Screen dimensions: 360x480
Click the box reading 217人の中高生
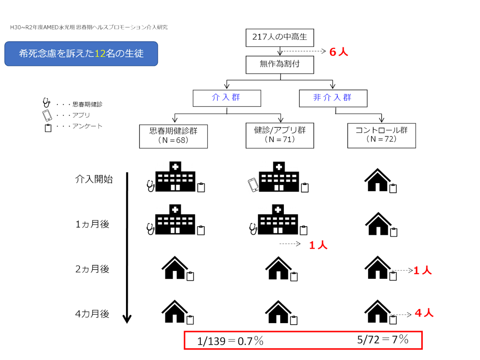pos(280,37)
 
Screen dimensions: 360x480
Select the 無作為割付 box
pos(280,65)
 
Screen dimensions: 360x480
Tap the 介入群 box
pos(227,98)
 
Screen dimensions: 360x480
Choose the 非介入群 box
pos(333,98)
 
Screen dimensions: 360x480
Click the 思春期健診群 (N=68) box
pos(173,136)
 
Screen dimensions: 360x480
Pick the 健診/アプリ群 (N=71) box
pos(280,135)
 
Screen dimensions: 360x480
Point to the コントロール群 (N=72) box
pos(381,135)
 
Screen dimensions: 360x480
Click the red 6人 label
pos(338,52)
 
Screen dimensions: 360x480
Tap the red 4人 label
pos(424,313)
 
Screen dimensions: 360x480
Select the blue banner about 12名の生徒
pos(81,54)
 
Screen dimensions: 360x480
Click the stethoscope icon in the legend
pos(46,103)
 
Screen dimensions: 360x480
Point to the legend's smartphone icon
pos(47,115)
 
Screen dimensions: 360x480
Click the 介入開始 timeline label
pos(94,179)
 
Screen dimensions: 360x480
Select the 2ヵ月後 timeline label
pos(92,269)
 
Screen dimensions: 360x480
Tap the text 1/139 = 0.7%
pos(230,341)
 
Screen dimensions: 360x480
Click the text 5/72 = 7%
pos(382,339)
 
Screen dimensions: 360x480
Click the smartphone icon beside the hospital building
pos(253,185)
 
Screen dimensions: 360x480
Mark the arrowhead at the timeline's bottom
pos(127,318)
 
